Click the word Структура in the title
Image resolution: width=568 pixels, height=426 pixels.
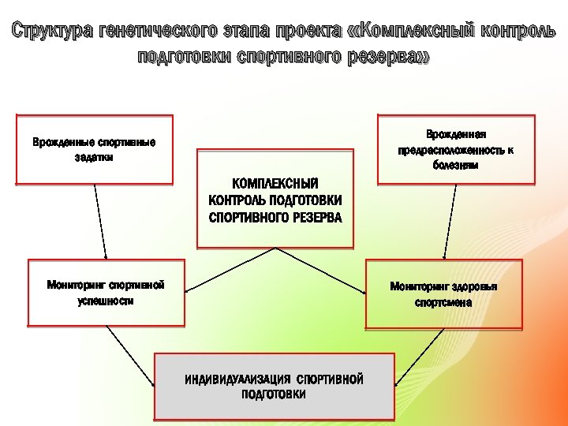point(52,32)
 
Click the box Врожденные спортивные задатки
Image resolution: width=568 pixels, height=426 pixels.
point(95,149)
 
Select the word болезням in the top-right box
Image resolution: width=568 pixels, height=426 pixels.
point(456,166)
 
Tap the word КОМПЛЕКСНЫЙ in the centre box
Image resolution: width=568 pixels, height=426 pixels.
point(275,182)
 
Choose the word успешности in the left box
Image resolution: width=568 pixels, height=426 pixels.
point(106,301)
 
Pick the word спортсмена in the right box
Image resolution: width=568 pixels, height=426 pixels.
point(443,303)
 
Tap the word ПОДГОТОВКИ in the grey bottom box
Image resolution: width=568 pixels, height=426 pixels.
point(274,394)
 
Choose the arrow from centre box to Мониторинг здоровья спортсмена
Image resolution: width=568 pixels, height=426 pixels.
point(319,270)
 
